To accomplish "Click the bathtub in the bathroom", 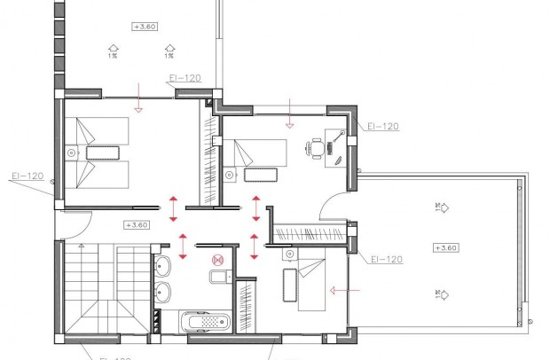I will (x=205, y=321).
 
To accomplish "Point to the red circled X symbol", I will (x=215, y=260).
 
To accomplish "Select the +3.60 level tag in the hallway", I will (x=137, y=224).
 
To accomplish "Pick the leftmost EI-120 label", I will (x=27, y=176).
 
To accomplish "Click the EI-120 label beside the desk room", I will (x=382, y=127).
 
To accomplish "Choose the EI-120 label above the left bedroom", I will (x=184, y=78).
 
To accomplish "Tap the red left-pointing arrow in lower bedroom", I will (x=339, y=289).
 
